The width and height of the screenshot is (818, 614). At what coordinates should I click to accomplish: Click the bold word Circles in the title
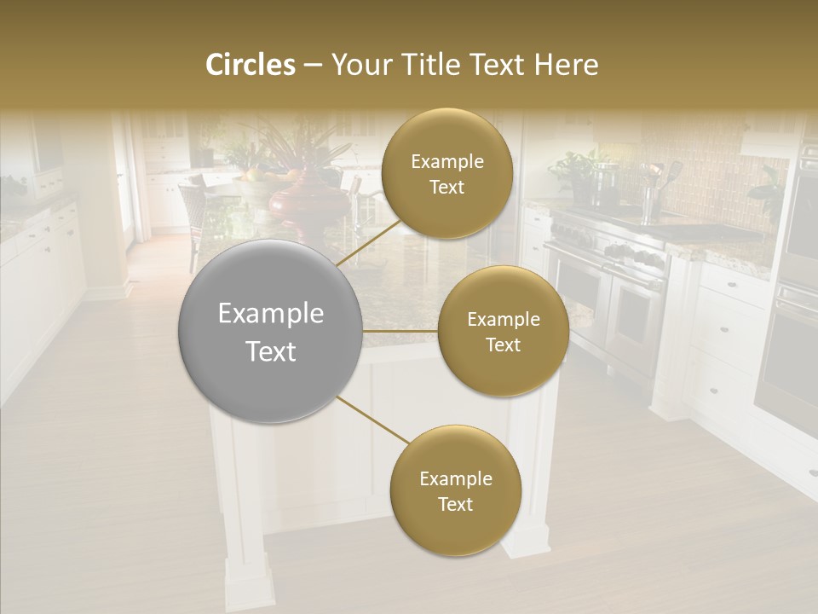[x=251, y=65]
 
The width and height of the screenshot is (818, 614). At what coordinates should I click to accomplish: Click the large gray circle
[x=270, y=332]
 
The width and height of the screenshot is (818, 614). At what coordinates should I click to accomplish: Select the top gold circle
[x=446, y=173]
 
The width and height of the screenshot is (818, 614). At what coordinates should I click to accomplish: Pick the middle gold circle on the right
[x=503, y=331]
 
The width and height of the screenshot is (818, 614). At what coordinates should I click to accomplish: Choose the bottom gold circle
[x=455, y=489]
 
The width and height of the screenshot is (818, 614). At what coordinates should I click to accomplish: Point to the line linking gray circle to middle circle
[x=400, y=331]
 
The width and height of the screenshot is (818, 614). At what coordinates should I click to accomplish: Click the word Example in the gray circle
[x=270, y=314]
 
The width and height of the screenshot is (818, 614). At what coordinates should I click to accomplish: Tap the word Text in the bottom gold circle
[x=455, y=504]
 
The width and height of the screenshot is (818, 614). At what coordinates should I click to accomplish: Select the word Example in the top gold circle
[x=446, y=161]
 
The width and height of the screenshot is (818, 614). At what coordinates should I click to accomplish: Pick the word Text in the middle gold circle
[x=503, y=345]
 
